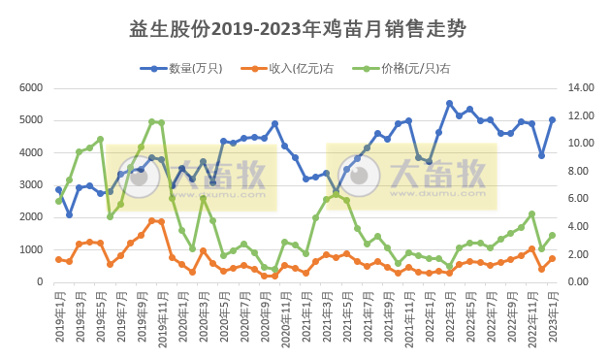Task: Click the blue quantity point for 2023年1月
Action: pos(552,120)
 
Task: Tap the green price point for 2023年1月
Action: pos(552,235)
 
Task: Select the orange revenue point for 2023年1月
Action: pos(552,258)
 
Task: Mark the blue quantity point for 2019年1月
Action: pos(58,190)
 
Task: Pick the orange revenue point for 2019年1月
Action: pos(58,259)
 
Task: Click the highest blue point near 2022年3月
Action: pos(449,103)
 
